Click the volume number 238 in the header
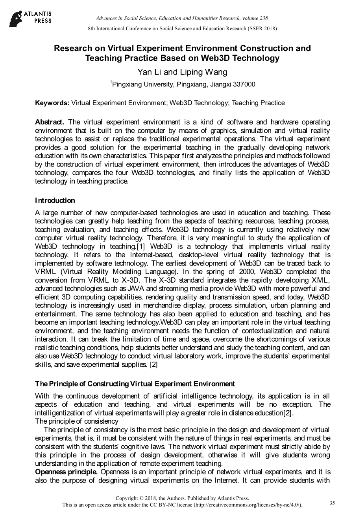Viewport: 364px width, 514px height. pyautogui.click(x=263, y=18)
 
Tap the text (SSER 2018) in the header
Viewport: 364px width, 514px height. pyautogui.click(x=262, y=28)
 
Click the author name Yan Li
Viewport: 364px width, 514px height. pyautogui.click(x=149, y=72)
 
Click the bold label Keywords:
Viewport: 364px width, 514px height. pyautogui.click(x=52, y=103)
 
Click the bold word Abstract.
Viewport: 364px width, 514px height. pyautogui.click(x=50, y=122)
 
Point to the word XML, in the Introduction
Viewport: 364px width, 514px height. pyautogui.click(x=318, y=280)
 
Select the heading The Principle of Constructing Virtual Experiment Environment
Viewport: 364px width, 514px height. pyautogui.click(x=135, y=384)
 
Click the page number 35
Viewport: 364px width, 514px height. pyautogui.click(x=332, y=503)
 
